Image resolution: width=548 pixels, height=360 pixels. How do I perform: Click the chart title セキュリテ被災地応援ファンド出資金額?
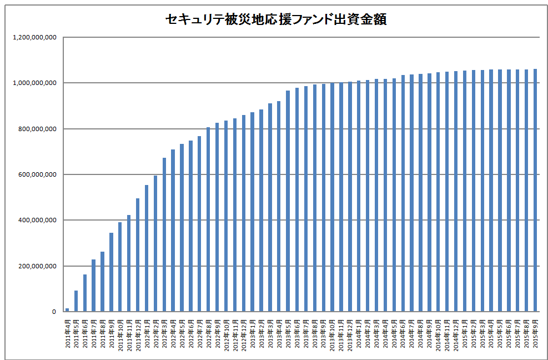[276, 19]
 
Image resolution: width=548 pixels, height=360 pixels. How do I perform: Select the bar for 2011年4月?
[67, 310]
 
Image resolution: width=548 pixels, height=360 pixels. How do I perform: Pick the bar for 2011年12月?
[138, 256]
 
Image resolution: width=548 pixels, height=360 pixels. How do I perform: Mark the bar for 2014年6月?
[403, 194]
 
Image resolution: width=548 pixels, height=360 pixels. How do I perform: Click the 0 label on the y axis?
[54, 312]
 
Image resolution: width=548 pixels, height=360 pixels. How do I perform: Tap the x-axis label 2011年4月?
[68, 333]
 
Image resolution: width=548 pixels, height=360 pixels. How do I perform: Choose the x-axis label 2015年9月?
[536, 333]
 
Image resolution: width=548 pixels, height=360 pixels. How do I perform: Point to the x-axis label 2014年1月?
[359, 333]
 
